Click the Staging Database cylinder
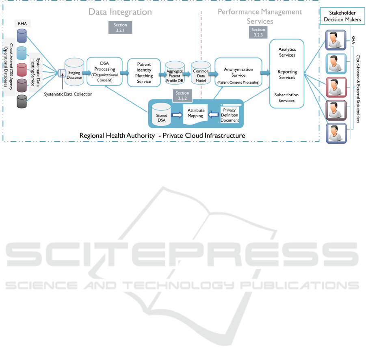[x=74, y=72]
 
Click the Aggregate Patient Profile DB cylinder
[x=175, y=73]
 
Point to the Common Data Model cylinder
[x=201, y=73]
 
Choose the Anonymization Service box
[x=238, y=72]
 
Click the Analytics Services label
[x=287, y=52]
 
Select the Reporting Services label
[x=287, y=75]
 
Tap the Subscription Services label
[x=286, y=97]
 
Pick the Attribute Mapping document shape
[x=195, y=114]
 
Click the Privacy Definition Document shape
[x=230, y=115]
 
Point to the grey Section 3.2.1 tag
[x=120, y=28]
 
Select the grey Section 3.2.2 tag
[x=182, y=96]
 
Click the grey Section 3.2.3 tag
[x=258, y=32]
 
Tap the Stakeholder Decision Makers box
[x=342, y=17]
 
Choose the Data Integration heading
[x=120, y=12]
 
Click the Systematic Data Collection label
[x=68, y=95]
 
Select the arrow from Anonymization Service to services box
[x=266, y=73]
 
